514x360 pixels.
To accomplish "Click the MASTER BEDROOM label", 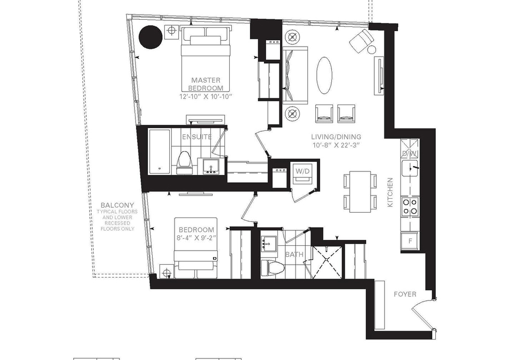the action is [206, 84].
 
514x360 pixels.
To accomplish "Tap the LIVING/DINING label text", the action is [336, 137].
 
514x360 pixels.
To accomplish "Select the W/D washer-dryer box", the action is [302, 172].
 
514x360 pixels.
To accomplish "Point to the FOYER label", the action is [405, 294].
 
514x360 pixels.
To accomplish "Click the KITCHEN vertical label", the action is [390, 192].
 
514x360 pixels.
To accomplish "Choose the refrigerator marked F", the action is [410, 241].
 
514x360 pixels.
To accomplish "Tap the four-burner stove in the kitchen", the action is [410, 207].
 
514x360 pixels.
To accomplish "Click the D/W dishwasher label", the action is [410, 153].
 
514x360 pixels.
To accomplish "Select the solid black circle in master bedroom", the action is [150, 37].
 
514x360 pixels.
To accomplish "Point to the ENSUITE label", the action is [196, 137].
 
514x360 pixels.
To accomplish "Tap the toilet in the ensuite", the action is [183, 163].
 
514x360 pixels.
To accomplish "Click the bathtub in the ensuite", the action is [160, 151].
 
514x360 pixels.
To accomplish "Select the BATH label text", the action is [294, 254].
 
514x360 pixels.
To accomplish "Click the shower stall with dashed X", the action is [327, 259].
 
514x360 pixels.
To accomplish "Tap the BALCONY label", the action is [117, 205].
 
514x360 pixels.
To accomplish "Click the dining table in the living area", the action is [360, 192].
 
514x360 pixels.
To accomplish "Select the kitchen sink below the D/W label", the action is [410, 168].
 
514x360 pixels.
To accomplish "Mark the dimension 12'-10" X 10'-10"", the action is [206, 96].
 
